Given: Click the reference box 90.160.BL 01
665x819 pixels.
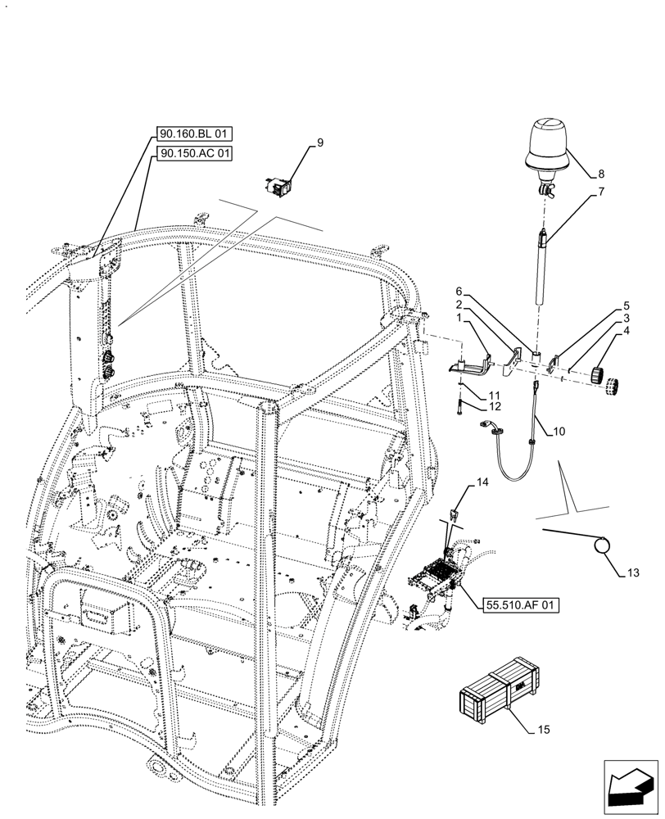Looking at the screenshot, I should (x=193, y=133).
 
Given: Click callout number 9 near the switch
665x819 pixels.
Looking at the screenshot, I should (x=319, y=143).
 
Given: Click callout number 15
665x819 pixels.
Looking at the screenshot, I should (x=545, y=727).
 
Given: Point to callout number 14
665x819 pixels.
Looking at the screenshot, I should (x=482, y=484).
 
